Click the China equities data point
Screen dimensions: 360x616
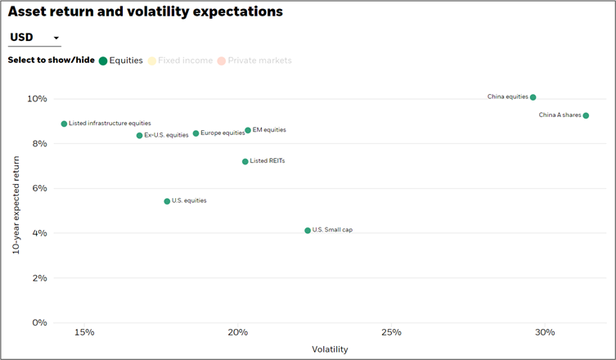point(533,97)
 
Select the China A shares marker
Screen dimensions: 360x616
point(586,115)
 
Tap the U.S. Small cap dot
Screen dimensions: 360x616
point(308,231)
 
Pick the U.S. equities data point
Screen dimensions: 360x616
point(167,201)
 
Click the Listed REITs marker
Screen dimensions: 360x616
point(245,162)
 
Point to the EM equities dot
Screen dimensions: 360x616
point(248,130)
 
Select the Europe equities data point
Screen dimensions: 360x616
point(196,133)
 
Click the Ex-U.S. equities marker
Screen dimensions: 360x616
point(139,136)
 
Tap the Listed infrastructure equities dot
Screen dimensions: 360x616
point(64,124)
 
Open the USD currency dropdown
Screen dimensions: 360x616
point(34,38)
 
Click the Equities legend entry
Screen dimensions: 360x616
point(120,61)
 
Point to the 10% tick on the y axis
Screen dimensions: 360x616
point(38,99)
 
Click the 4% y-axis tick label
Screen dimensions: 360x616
point(40,233)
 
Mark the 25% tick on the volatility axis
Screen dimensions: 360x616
point(391,332)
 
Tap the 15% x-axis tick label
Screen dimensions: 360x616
point(83,332)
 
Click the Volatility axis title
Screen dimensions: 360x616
point(330,349)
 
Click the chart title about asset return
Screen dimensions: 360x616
point(146,12)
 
